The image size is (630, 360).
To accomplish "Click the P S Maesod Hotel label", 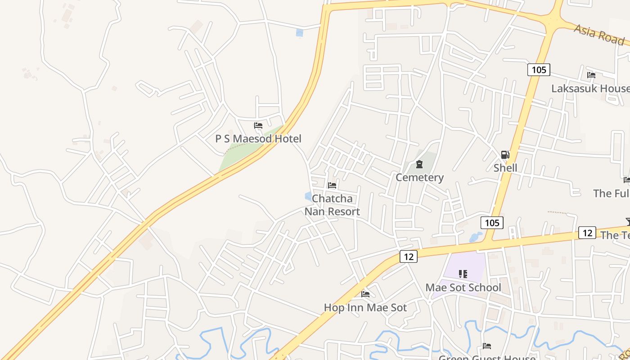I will pos(258,139).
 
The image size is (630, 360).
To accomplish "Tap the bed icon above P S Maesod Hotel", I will pos(258,126).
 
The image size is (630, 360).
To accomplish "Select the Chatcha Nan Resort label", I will pos(332,205).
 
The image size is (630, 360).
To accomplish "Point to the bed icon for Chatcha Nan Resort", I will pos(332,185).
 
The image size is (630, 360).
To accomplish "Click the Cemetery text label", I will pos(419,177).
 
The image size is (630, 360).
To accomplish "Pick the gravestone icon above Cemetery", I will pos(419,164).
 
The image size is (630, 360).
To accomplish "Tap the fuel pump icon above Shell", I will pos(505,155).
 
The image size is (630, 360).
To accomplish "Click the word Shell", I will pos(505,168).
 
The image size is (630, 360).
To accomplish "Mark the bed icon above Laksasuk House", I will pos(591,75).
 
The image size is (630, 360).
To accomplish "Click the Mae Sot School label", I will pos(463,288).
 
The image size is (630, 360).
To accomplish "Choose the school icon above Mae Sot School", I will pos(463,274).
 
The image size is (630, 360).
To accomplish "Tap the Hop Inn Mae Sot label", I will pos(365,307).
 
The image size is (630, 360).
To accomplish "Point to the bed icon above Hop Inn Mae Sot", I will pos(365,294).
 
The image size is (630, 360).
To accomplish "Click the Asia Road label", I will pos(599,34).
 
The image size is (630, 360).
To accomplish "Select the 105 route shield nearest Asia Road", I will pos(538,69).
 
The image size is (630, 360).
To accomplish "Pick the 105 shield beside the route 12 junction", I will pos(491,222).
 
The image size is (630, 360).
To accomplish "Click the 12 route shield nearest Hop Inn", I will pos(408,256).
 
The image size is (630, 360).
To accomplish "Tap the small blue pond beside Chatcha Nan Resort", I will pos(308,196).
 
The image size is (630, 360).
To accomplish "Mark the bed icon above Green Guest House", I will pos(486,346).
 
